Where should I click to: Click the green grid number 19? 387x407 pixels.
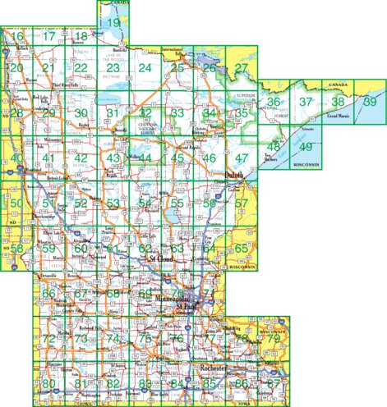115,22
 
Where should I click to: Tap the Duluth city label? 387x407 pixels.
234,176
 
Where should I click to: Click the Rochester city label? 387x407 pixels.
213,370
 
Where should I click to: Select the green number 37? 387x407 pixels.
306,102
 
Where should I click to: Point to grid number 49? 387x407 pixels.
306,147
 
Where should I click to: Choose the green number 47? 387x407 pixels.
241,158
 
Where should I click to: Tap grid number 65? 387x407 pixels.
241,248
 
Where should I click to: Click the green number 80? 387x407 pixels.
48,383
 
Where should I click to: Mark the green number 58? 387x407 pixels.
16,248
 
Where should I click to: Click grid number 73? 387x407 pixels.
81,338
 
